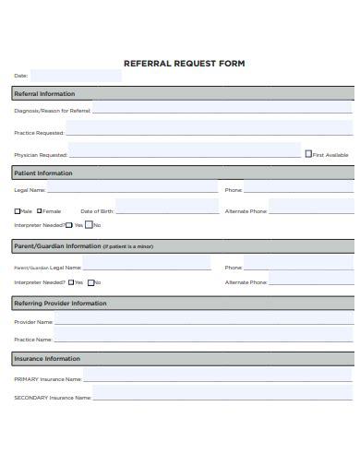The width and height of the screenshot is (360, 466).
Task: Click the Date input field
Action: pos(75,76)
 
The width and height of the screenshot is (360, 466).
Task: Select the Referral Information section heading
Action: pos(44,94)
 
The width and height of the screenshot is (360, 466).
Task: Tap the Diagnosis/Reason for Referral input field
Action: pos(222,110)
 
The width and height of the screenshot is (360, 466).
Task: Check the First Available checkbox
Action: pos(308,154)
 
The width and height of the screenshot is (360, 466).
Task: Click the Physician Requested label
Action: pos(41,155)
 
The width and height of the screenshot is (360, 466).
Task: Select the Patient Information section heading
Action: pos(42,173)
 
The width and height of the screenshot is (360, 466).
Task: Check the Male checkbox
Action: pos(17,211)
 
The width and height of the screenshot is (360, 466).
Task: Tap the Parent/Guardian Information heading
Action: pos(57,246)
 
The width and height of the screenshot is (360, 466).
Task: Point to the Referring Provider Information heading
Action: pos(60,303)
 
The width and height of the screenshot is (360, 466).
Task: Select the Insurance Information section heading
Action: pos(46,358)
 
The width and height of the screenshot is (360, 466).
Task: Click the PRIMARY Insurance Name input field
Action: pos(217,377)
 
